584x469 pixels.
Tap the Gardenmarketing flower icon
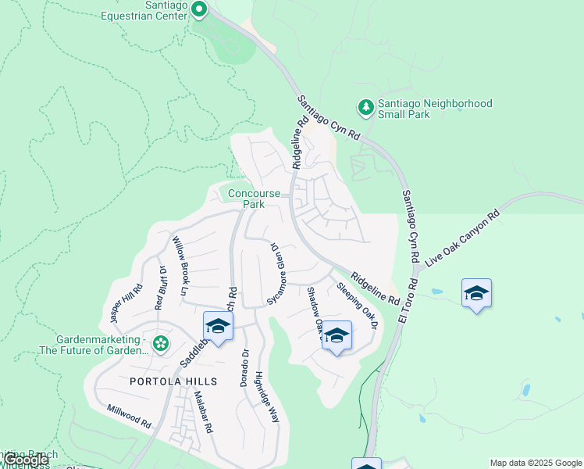pos(161,343)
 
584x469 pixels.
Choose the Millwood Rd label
pos(129,416)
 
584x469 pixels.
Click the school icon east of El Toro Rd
pos(476,294)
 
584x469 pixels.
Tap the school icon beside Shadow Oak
pos(337,335)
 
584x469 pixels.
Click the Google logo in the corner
pos(25,460)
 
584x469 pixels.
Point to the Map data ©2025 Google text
pos(535,463)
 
